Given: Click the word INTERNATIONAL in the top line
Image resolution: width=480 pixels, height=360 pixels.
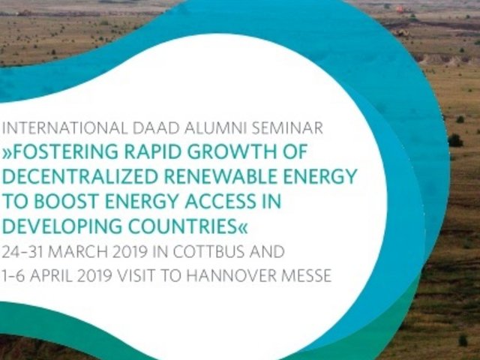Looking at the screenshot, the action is [x=64, y=128].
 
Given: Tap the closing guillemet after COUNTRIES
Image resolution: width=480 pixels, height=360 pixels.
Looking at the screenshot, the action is [x=242, y=227].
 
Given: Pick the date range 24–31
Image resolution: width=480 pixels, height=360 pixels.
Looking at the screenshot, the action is [x=22, y=252].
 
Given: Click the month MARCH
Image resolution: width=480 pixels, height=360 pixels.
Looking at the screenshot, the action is [x=78, y=252].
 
